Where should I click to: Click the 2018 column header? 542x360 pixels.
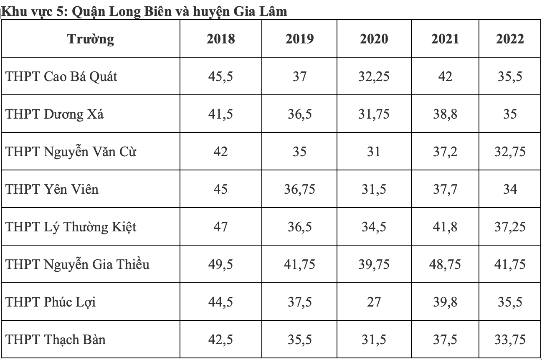click(x=221, y=39)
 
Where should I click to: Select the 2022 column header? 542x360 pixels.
click(x=510, y=39)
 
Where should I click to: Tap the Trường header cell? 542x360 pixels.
click(x=91, y=39)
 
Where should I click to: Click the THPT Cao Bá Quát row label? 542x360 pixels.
click(x=61, y=77)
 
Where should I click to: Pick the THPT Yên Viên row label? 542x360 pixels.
click(x=52, y=189)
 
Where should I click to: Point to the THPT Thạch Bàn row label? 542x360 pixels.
click(x=56, y=339)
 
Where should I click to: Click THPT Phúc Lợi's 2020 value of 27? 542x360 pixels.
click(x=374, y=301)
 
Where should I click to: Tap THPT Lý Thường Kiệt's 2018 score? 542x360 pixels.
click(x=221, y=226)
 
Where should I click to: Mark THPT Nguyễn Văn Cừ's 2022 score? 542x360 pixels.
click(x=510, y=152)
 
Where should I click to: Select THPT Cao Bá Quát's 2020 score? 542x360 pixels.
click(x=374, y=77)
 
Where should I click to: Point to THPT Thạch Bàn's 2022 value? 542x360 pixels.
click(x=510, y=339)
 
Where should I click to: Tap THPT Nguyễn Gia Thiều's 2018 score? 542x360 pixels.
click(x=221, y=264)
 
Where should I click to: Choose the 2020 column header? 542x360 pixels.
click(x=374, y=39)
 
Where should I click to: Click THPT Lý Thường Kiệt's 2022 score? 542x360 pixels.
click(x=510, y=226)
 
